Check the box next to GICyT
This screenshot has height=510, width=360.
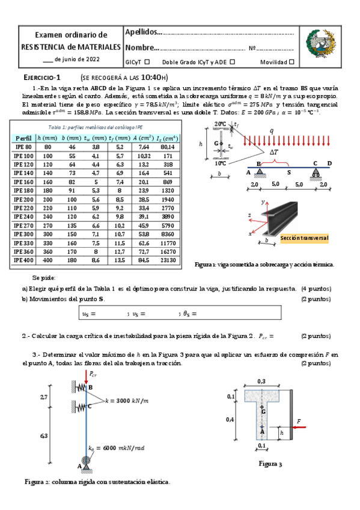147,62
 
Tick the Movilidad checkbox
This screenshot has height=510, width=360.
292,62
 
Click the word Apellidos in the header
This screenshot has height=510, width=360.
142,31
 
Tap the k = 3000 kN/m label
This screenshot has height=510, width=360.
126,400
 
